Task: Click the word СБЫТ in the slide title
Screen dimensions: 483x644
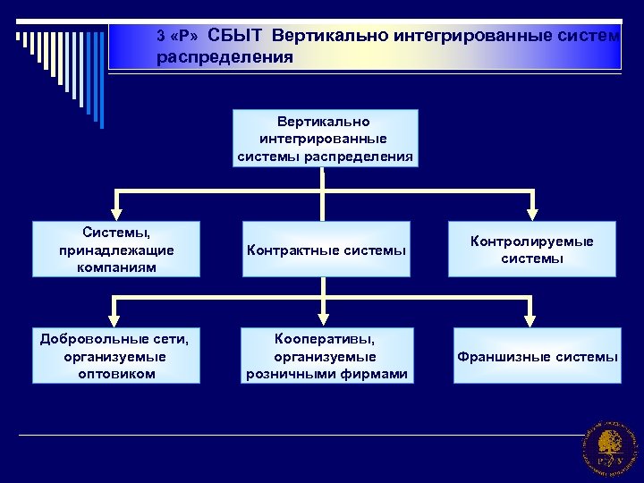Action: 236,36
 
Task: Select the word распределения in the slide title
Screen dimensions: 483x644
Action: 225,57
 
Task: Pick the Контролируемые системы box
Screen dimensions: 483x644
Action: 532,250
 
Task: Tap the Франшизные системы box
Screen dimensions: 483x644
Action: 538,356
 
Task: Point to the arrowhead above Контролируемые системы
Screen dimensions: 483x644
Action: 532,214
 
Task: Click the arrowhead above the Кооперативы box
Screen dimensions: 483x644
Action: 325,319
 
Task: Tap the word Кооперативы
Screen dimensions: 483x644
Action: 326,339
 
